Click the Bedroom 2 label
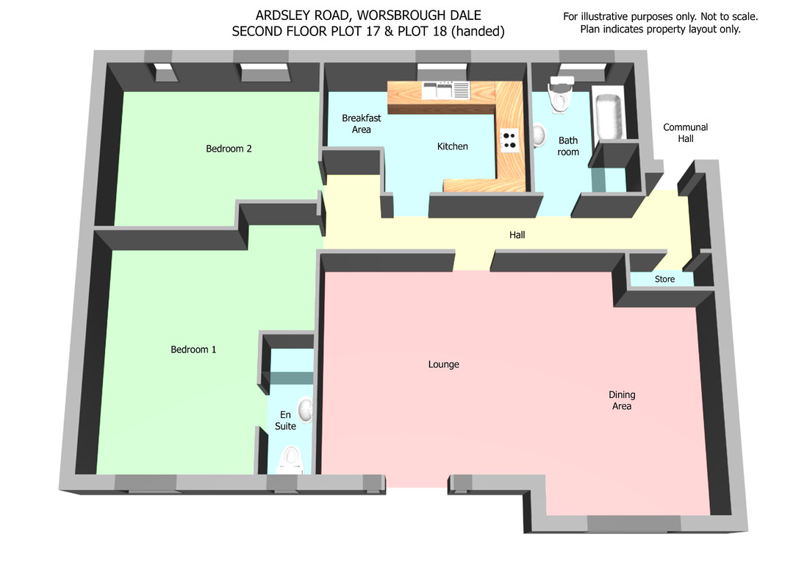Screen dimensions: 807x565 (x=229, y=149)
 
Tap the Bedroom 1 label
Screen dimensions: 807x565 (x=193, y=349)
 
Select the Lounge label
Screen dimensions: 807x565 (x=444, y=364)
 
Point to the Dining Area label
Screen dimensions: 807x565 (x=622, y=400)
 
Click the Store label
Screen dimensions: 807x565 (x=664, y=279)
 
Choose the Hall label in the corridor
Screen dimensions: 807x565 (x=517, y=235)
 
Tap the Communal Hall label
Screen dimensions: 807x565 (x=685, y=133)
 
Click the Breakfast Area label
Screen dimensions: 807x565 (x=362, y=124)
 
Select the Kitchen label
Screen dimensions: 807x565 (x=453, y=146)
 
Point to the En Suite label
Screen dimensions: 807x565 (x=285, y=420)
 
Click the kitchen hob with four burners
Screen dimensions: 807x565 (x=509, y=141)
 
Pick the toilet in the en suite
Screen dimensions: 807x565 (x=291, y=461)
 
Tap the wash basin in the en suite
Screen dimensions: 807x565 (x=306, y=410)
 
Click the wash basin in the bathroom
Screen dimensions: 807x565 (x=538, y=135)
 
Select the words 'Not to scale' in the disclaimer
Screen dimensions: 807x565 (x=729, y=16)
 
